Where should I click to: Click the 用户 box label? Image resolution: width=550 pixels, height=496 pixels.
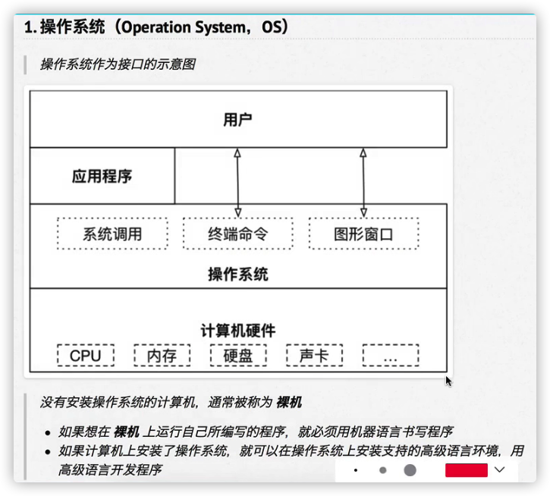tap(237, 119)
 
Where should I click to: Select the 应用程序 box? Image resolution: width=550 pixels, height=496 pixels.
tap(102, 177)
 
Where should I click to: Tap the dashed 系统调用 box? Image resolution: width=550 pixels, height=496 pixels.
tap(112, 234)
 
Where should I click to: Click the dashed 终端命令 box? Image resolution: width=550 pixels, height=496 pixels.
tap(237, 234)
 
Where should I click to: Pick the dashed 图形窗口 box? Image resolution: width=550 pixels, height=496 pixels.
tap(363, 234)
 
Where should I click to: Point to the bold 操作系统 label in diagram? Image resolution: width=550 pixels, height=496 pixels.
tap(237, 274)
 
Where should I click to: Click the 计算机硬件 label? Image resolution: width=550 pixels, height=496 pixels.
tap(237, 331)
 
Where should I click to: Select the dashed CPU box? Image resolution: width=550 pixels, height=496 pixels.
tap(85, 355)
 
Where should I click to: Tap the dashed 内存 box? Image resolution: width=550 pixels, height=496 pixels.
tap(162, 355)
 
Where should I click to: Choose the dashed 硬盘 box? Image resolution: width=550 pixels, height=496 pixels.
tap(237, 355)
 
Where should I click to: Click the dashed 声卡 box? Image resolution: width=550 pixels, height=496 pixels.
tap(314, 355)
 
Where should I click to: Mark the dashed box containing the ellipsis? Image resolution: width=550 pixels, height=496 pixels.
tap(390, 355)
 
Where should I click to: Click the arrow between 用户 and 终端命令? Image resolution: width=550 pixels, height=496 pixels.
tap(237, 182)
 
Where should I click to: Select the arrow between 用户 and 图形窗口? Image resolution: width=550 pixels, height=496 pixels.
tap(363, 182)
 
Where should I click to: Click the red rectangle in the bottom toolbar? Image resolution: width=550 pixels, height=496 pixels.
tap(466, 470)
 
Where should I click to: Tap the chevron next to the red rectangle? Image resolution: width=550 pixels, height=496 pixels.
tap(498, 470)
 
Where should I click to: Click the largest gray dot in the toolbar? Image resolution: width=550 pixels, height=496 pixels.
tap(410, 470)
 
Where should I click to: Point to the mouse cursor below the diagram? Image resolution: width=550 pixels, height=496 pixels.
tap(448, 381)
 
